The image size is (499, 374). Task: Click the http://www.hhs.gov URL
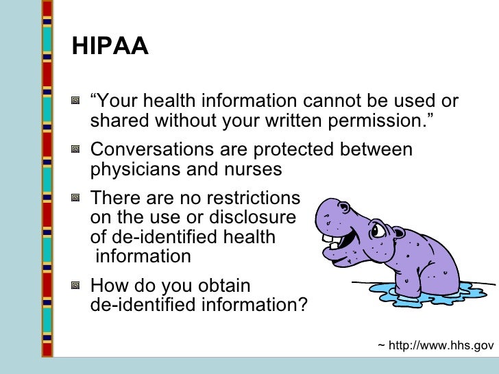tap(441, 346)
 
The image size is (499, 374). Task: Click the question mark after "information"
tap(302, 304)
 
